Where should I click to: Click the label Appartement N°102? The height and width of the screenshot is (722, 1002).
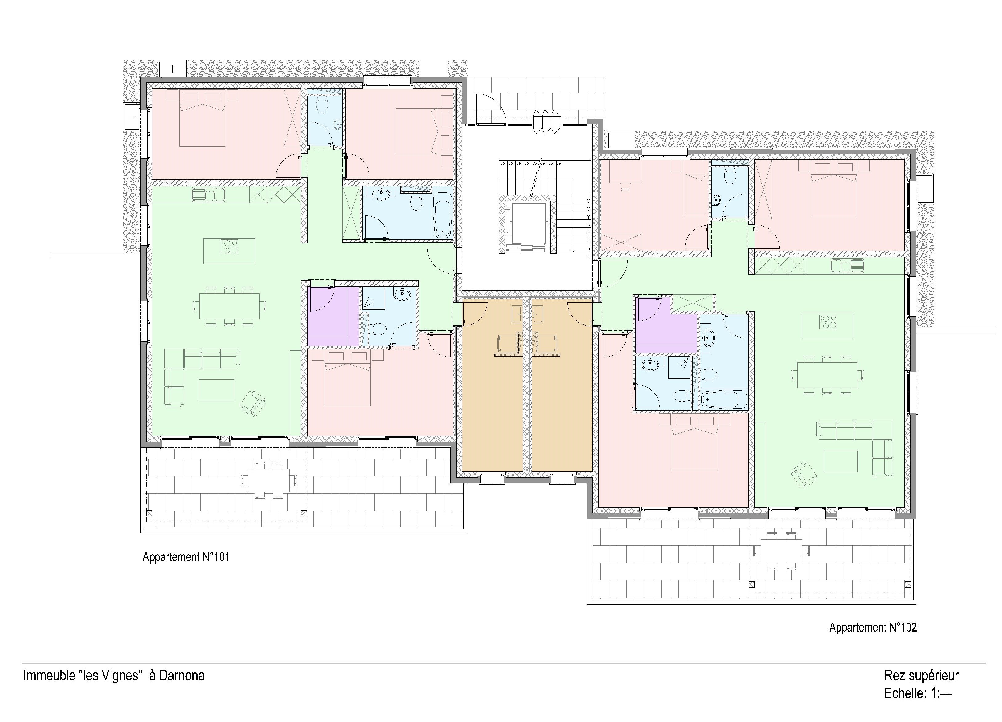873,628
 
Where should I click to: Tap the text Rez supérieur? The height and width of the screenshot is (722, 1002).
921,676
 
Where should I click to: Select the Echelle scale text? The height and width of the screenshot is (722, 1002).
918,694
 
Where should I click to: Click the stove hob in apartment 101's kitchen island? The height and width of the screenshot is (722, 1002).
229,247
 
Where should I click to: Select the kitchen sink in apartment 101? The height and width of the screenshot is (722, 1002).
208,195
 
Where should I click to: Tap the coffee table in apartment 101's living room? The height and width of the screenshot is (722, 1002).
216,390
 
